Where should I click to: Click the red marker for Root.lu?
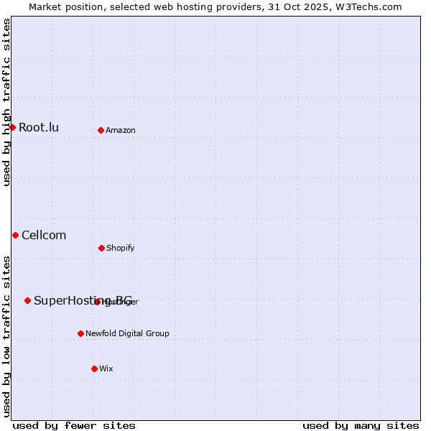pos(12,127)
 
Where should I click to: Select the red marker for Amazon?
pos(101,130)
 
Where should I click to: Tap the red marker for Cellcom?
pos(15,235)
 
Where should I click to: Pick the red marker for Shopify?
pos(101,248)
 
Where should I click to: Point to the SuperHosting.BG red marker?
pos(27,300)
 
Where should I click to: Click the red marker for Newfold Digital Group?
pos(80,333)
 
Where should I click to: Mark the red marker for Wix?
pos(94,369)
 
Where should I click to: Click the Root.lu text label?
pos(39,128)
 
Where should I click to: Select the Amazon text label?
pos(121,131)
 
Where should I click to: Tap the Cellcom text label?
pos(44,236)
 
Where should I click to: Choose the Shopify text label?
pos(121,249)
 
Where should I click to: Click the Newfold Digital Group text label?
pos(127,334)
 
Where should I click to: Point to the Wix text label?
pos(106,369)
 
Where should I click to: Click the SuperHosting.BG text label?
pos(83,301)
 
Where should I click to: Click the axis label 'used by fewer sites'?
pos(74,426)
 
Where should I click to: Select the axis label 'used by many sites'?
pos(361,426)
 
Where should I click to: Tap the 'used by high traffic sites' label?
pos(6,102)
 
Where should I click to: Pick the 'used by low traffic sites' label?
pos(6,336)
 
